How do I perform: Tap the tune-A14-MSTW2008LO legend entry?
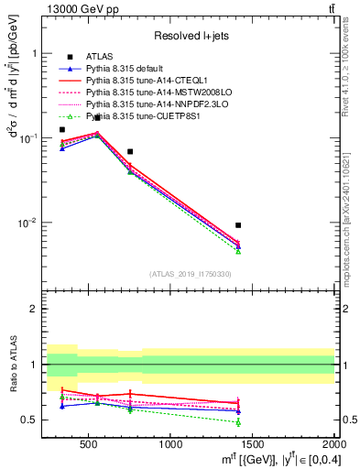tap(152, 93)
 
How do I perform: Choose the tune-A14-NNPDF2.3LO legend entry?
tap(152, 104)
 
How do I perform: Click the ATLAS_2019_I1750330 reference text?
tap(191, 273)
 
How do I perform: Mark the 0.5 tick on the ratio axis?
tap(34, 420)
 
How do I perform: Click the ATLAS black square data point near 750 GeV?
tap(130, 151)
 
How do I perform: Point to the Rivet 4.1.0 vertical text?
tap(352, 64)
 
